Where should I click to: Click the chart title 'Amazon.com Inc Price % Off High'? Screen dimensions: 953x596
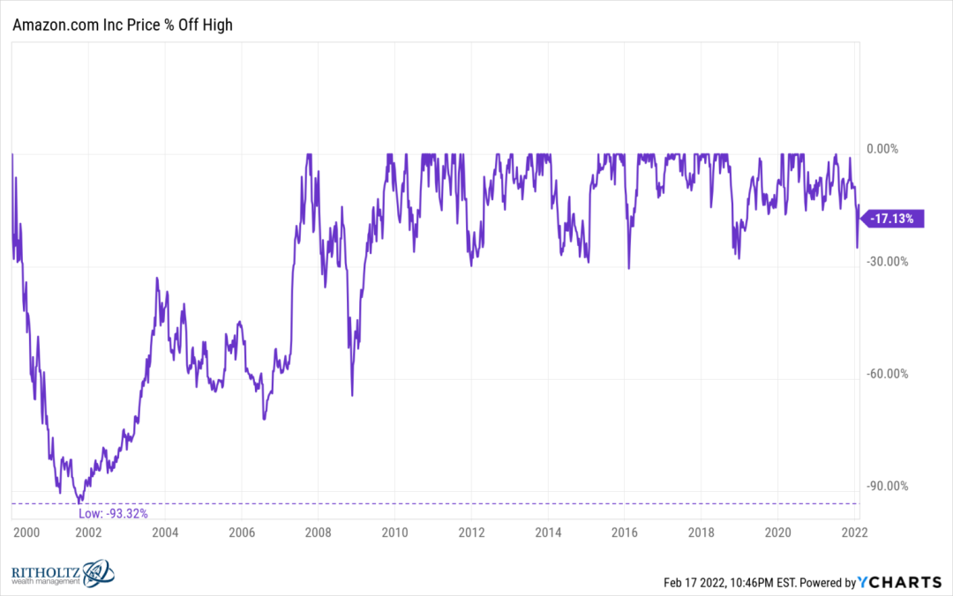point(122,25)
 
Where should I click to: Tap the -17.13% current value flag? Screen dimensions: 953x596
point(893,218)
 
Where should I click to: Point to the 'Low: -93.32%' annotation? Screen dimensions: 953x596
point(113,513)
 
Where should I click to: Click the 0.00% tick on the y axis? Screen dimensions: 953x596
point(882,149)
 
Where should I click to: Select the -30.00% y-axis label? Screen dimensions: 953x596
point(888,261)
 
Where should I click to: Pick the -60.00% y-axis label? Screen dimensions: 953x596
point(888,374)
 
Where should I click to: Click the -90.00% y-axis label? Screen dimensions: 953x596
point(888,486)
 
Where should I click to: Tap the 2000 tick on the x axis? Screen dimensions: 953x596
point(26,533)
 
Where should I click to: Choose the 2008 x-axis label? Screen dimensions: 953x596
point(318,533)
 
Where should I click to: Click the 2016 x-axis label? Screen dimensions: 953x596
point(624,533)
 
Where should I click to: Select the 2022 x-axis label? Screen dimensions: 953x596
point(854,533)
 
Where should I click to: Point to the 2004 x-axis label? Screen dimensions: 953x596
point(165,533)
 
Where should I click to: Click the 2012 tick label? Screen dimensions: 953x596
point(471,533)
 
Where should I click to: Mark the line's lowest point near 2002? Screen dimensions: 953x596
point(79,503)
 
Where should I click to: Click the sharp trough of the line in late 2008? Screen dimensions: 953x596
point(352,396)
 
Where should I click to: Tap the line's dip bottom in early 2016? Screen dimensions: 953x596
point(629,268)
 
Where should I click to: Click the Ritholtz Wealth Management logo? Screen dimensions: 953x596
point(63,574)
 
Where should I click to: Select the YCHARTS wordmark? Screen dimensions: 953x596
point(899,582)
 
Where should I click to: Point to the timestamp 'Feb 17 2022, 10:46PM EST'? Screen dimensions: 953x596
point(730,583)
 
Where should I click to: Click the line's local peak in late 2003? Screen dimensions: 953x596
point(157,279)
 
